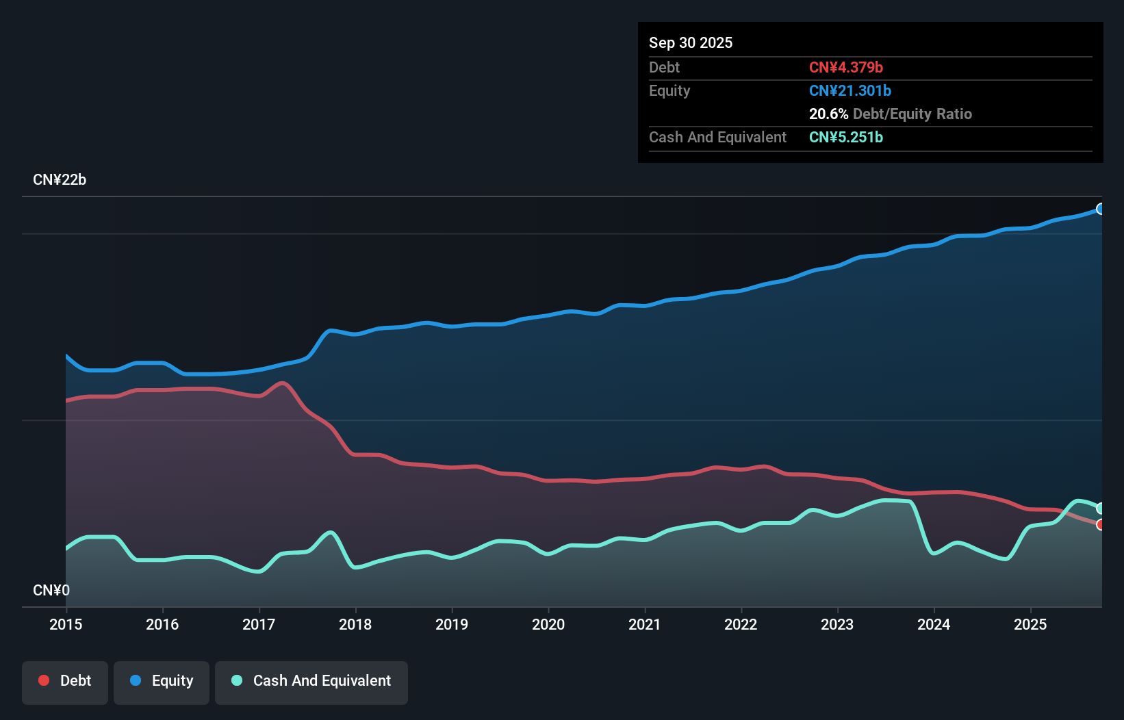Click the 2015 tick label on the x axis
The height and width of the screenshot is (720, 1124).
(66, 624)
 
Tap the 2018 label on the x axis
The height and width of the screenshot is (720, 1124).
(355, 624)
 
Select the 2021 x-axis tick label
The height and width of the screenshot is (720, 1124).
(645, 624)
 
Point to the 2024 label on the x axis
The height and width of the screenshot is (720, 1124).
(934, 624)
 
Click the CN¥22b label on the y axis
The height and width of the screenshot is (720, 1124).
(60, 180)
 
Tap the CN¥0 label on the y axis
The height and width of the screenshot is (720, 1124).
(51, 590)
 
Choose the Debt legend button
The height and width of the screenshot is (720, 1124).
(65, 681)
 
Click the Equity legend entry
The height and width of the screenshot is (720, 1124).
(162, 681)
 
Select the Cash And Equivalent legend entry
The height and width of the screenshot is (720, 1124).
(311, 681)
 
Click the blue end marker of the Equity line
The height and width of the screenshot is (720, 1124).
(1101, 209)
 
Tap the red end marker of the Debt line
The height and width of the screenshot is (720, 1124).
(1101, 525)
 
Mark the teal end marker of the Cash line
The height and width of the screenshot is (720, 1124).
(1101, 508)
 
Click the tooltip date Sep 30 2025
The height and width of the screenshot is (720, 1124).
(691, 42)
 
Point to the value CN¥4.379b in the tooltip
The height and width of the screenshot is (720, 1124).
(846, 67)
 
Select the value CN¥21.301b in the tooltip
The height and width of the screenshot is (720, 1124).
(850, 90)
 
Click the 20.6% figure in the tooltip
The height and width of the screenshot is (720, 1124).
(828, 114)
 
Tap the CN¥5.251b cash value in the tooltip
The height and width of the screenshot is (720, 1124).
(846, 137)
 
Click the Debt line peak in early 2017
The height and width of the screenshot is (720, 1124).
(283, 383)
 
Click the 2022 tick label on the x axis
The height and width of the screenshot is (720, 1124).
(741, 624)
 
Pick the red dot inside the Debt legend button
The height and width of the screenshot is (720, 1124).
(44, 680)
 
